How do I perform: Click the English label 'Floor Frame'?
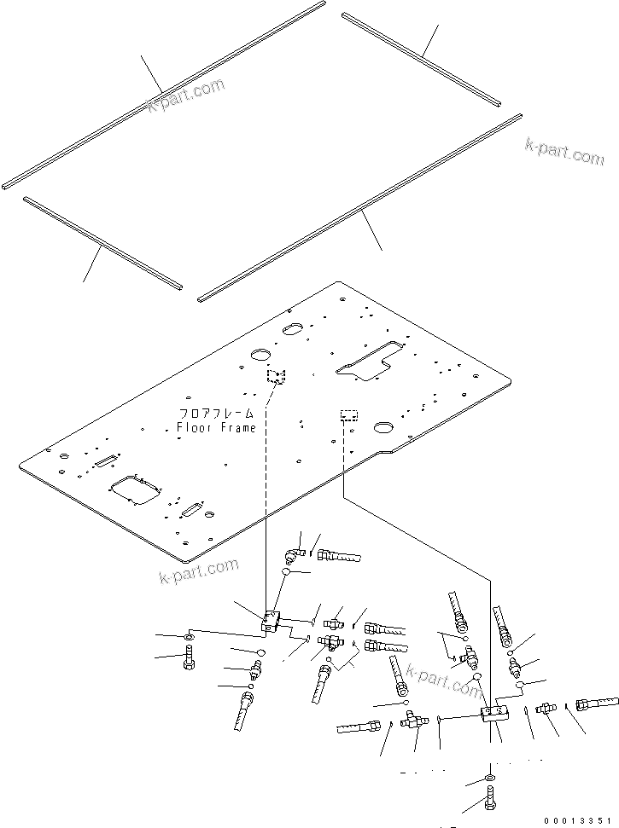click(x=216, y=427)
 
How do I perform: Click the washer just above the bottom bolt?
click(x=488, y=779)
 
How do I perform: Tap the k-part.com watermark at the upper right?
click(x=564, y=151)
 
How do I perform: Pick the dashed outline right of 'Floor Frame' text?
click(x=348, y=415)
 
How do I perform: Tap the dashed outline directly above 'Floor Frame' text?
click(x=275, y=376)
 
